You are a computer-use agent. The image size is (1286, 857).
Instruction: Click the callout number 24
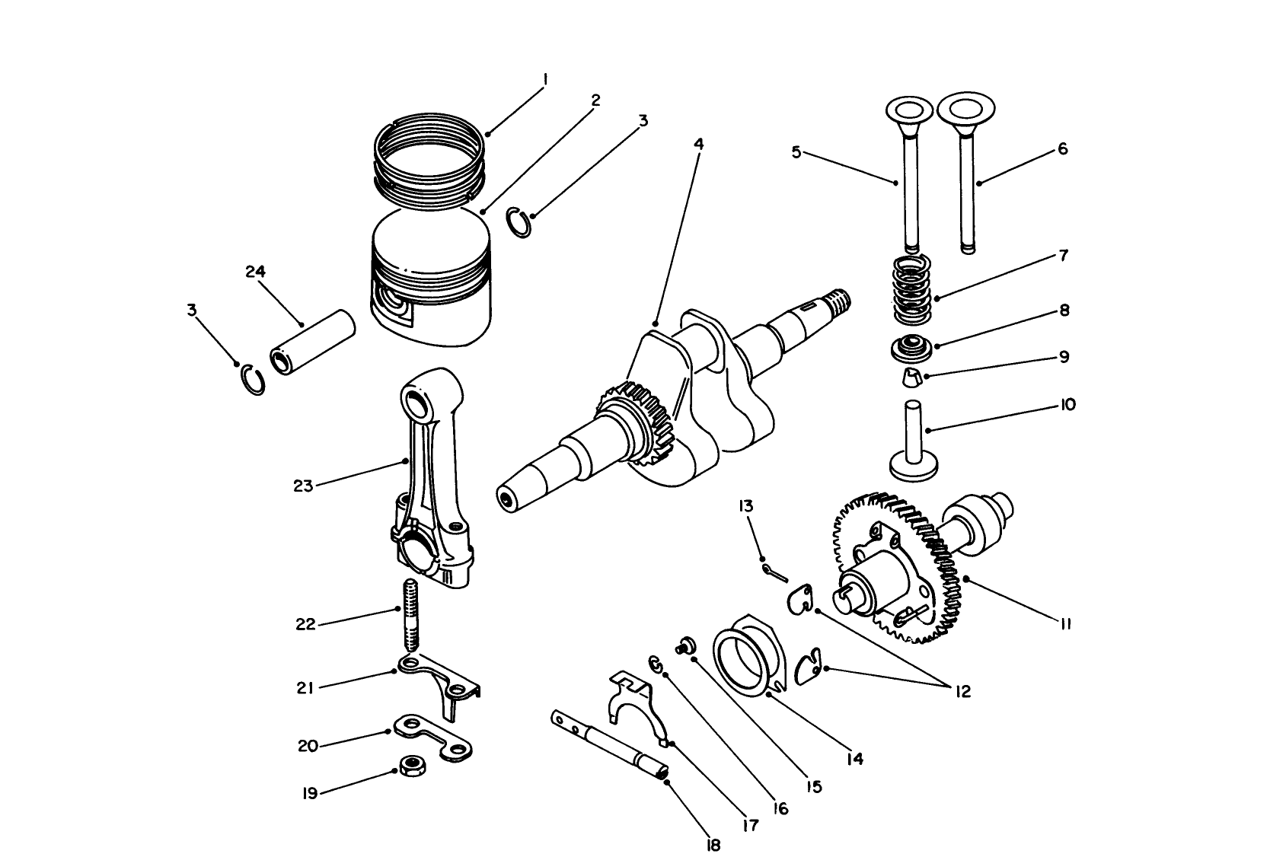tap(256, 272)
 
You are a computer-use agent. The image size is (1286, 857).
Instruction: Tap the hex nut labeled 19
tap(412, 764)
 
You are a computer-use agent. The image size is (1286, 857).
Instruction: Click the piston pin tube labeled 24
tap(314, 342)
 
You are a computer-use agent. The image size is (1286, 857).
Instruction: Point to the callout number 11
tap(1064, 624)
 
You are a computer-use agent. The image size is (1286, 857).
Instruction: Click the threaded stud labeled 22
tap(410, 614)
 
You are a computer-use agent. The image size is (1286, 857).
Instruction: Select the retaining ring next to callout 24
tap(253, 381)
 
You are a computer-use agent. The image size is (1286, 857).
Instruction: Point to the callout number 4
tap(698, 143)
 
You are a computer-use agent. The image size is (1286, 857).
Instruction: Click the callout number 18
tap(713, 845)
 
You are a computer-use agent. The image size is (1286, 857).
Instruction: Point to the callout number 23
tap(303, 486)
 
